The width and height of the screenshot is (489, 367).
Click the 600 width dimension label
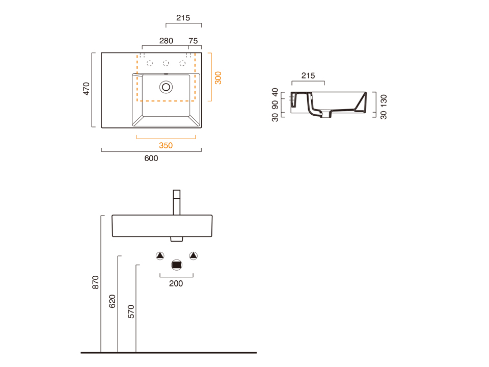click(x=151, y=158)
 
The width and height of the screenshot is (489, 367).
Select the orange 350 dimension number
click(x=166, y=145)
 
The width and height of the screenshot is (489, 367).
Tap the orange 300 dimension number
click(x=218, y=78)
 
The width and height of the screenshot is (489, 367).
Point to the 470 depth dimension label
click(x=86, y=89)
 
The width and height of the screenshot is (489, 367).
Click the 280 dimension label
click(x=166, y=41)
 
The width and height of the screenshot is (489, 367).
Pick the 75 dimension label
click(x=193, y=41)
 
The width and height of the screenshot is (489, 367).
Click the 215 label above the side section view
click(x=308, y=75)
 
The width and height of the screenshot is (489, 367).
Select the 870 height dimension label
click(x=95, y=282)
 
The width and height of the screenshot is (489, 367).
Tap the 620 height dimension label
click(x=112, y=301)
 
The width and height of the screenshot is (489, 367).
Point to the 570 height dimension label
click(x=131, y=311)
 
